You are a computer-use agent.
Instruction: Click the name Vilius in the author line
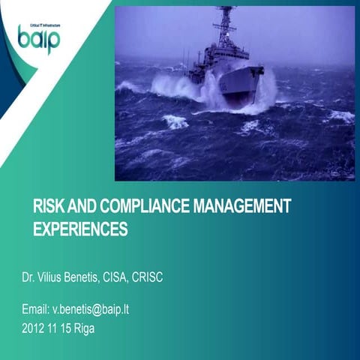click(52, 277)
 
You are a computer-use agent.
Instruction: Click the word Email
click(37, 309)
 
